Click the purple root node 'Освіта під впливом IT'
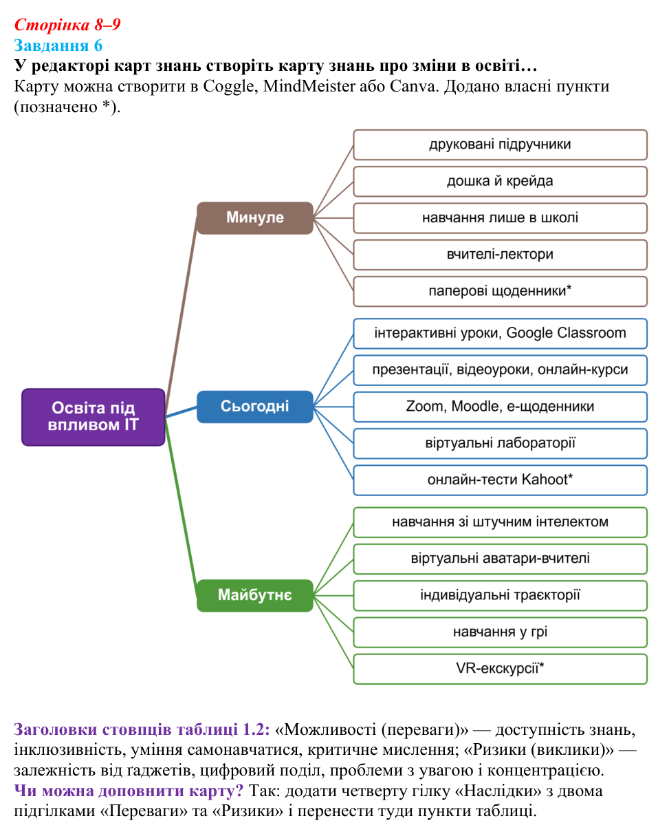point(94,417)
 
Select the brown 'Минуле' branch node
point(255,218)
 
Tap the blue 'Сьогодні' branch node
point(255,407)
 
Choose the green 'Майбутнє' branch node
point(255,595)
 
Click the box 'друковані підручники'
point(500,145)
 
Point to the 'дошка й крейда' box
point(500,182)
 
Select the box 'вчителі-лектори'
point(500,255)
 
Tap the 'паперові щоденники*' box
point(500,292)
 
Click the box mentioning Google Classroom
point(500,333)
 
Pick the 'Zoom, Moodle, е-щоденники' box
point(500,407)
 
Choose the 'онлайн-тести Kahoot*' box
point(500,480)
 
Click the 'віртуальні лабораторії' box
point(500,443)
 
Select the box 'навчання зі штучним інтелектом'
point(500,522)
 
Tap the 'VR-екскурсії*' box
point(500,669)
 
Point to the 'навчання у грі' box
point(500,632)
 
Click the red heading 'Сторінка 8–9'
point(67,25)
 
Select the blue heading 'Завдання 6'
point(58,45)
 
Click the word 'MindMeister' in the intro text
point(309,86)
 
